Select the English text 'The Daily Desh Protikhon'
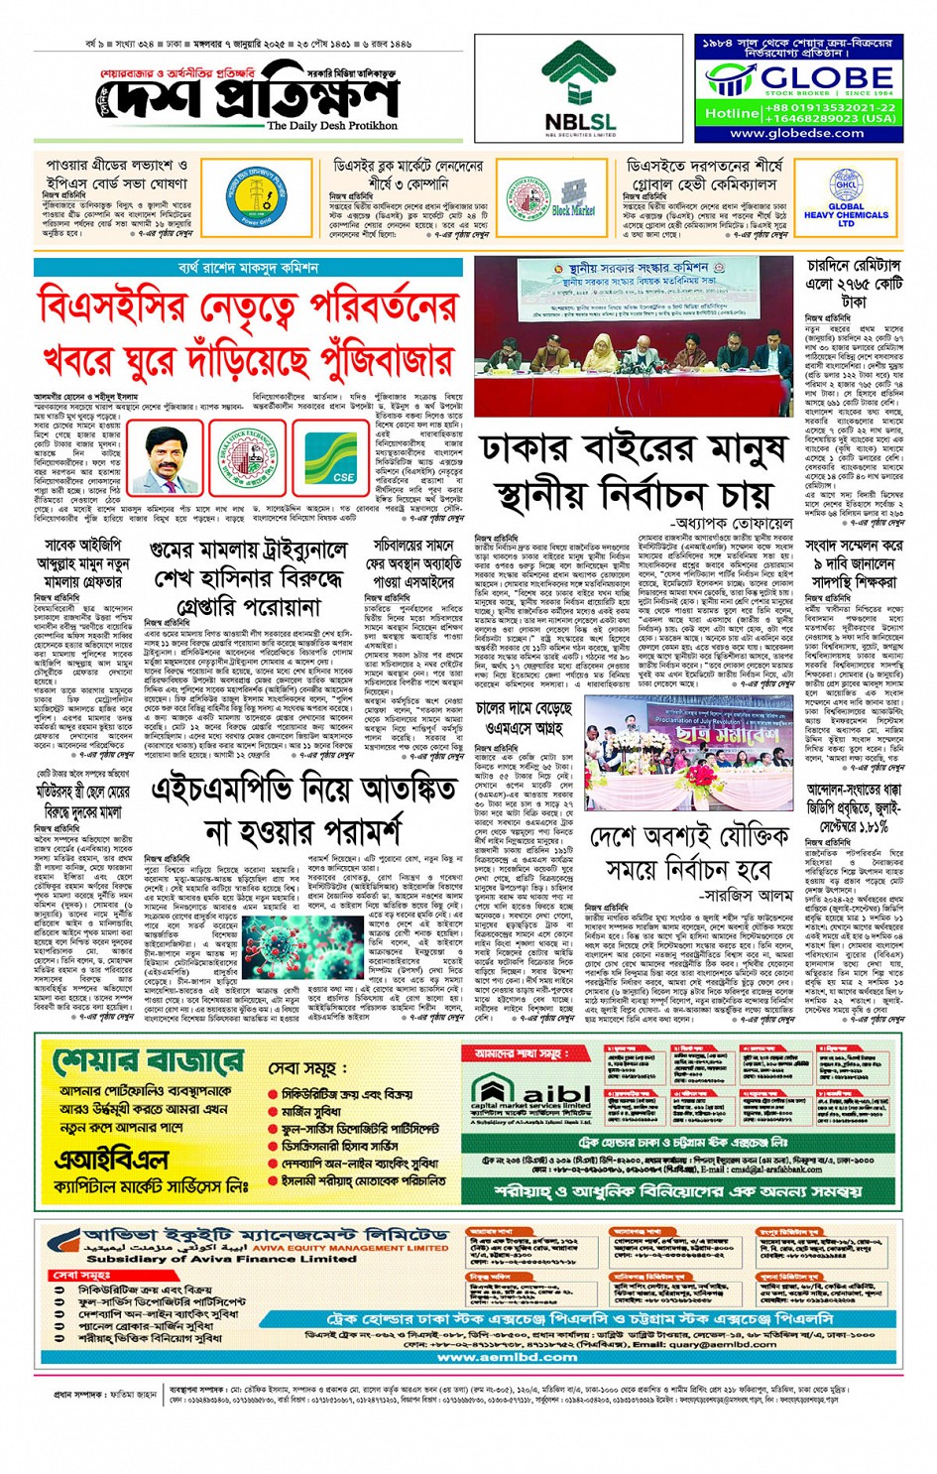click(x=332, y=126)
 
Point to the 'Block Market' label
click(x=573, y=210)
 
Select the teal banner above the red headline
click(x=248, y=268)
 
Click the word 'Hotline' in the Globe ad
click(x=731, y=113)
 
